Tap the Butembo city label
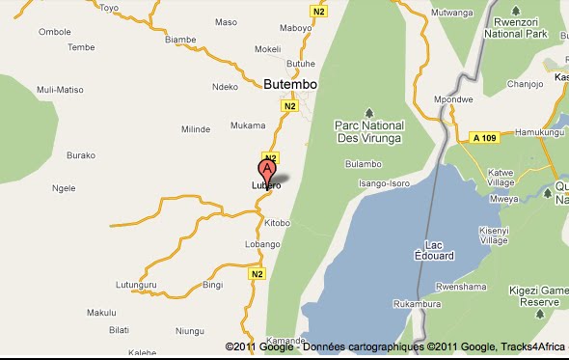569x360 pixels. click(x=290, y=85)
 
